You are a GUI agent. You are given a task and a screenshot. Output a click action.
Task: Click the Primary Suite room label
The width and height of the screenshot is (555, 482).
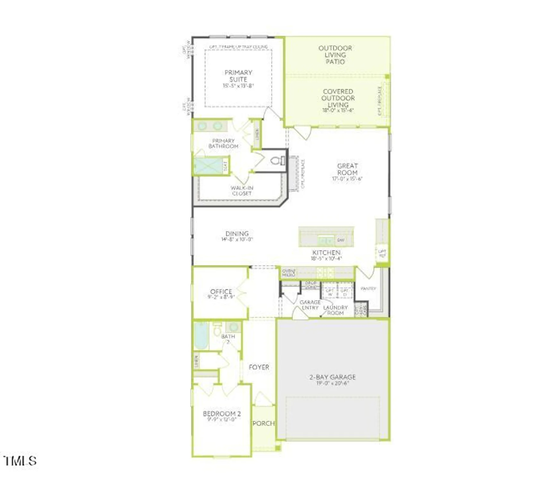pos(238,76)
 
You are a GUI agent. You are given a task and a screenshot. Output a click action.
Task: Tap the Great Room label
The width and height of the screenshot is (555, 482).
pos(347,169)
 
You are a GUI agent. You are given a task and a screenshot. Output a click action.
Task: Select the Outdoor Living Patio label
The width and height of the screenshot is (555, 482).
pos(335,55)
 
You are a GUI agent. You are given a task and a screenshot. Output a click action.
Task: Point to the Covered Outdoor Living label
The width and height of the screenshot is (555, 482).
pos(338,98)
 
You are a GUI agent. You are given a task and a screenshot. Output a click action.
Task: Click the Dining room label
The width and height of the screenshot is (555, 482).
pos(237,234)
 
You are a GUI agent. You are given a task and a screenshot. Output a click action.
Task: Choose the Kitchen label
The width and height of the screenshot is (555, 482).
pos(326,253)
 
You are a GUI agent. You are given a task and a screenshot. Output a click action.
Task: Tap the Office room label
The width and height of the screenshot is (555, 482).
pos(221,291)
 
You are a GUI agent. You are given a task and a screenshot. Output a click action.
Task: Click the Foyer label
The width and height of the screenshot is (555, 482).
pos(259,367)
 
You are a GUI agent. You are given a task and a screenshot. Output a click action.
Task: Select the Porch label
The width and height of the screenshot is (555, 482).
pos(263,424)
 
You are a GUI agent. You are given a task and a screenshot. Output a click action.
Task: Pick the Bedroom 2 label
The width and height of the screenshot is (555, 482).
pos(222,414)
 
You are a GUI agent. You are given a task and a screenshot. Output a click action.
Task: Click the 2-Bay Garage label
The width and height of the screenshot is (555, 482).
pos(332,377)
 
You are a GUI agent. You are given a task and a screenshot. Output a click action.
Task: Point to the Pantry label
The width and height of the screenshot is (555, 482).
pos(368,289)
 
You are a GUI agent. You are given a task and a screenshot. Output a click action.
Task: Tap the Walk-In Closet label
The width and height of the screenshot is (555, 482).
pos(242,191)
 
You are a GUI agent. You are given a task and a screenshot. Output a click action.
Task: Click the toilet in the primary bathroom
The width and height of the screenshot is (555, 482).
pos(277,160)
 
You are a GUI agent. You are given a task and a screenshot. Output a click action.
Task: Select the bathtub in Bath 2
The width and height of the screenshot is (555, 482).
pos(201,336)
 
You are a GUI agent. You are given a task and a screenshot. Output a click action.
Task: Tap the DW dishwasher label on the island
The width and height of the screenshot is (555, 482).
pos(341,240)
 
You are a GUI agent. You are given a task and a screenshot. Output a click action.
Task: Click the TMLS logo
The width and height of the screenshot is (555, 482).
pos(20,461)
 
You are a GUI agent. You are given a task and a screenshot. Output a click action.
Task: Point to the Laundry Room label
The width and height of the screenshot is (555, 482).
pos(335,310)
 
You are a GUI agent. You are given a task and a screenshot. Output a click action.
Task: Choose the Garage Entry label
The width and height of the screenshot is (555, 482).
pos(310,305)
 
